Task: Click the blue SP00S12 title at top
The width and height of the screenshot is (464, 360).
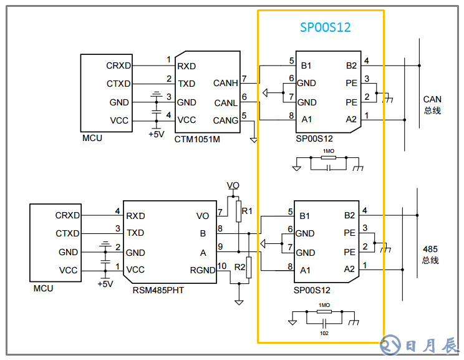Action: click(x=325, y=28)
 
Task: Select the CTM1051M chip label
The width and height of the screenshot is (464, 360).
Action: click(x=197, y=138)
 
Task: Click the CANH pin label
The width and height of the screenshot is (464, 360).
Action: click(x=225, y=83)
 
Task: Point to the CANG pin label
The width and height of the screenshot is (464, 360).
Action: click(x=225, y=120)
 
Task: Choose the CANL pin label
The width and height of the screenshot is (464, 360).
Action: click(x=225, y=102)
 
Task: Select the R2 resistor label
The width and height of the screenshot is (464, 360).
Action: click(x=239, y=266)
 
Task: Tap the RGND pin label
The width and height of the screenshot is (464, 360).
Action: click(x=202, y=270)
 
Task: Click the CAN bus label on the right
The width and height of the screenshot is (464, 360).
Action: click(x=432, y=105)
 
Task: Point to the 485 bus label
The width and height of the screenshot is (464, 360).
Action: click(x=431, y=255)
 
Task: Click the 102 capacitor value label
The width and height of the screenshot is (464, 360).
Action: click(x=324, y=333)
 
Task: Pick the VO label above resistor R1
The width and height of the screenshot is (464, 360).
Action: click(x=233, y=185)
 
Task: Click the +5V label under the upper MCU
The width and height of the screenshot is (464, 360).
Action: click(x=156, y=134)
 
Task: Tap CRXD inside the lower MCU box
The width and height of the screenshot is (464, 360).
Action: click(x=67, y=215)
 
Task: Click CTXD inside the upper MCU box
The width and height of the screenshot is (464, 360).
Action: click(x=118, y=84)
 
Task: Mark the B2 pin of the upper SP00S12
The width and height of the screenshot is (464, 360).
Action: click(x=351, y=66)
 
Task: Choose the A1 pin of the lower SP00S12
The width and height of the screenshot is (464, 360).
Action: click(x=305, y=270)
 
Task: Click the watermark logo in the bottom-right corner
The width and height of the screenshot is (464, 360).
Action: click(x=419, y=344)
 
